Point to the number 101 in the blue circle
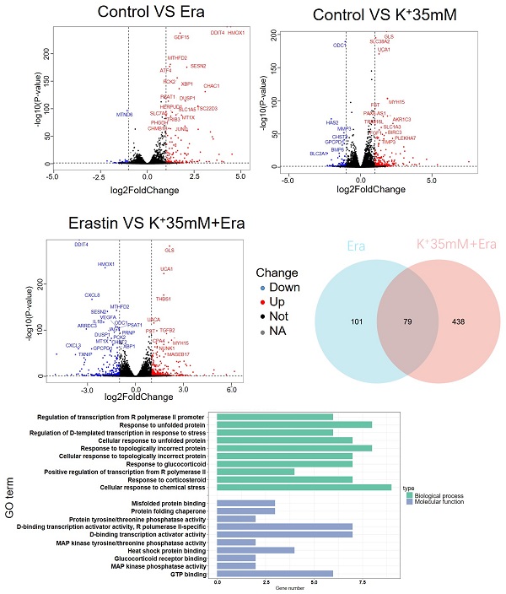(x=333, y=323)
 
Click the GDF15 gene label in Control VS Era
(x=181, y=37)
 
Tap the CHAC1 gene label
(x=212, y=86)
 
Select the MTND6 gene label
(x=125, y=114)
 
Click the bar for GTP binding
(x=274, y=574)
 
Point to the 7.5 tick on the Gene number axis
(x=362, y=581)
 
